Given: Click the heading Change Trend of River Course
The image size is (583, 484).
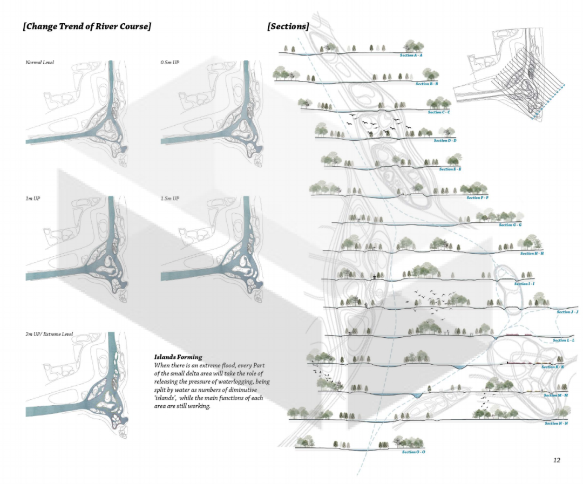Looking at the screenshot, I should [86, 26].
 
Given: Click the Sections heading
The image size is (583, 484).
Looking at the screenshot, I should [288, 26].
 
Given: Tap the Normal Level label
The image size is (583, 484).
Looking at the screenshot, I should [39, 63].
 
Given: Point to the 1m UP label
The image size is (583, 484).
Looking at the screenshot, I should [33, 199].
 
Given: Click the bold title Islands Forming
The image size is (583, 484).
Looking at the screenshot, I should [178, 357].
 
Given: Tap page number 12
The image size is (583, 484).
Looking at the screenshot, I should [557, 460].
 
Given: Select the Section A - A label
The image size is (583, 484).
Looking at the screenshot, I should [411, 56].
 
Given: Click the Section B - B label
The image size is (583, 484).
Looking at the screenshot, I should [426, 84].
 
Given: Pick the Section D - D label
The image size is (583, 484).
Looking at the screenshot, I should [445, 141].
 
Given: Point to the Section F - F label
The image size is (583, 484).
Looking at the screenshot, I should [477, 198].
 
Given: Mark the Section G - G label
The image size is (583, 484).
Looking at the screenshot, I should [510, 225].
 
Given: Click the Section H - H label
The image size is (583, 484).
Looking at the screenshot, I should [532, 254].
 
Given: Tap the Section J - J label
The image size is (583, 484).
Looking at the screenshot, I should [567, 312].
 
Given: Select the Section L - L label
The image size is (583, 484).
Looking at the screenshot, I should [564, 340].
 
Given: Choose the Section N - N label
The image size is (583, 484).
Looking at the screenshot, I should [555, 424].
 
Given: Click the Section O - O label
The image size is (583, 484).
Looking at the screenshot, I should [413, 452].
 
